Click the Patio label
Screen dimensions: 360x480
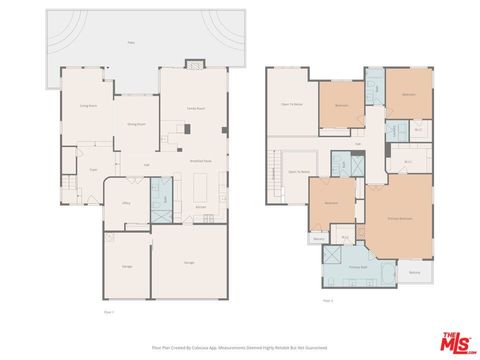pos(131,43)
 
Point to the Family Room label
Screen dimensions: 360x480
pos(196,107)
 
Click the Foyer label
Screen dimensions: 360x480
pos(92,169)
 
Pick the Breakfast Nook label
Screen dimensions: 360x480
pos(199,160)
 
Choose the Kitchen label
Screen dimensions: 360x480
pos(201,207)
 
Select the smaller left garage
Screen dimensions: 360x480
pos(126,266)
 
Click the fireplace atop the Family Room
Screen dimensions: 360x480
pos(194,65)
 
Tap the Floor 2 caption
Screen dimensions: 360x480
pos(328,299)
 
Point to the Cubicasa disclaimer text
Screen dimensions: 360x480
pos(240,347)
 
